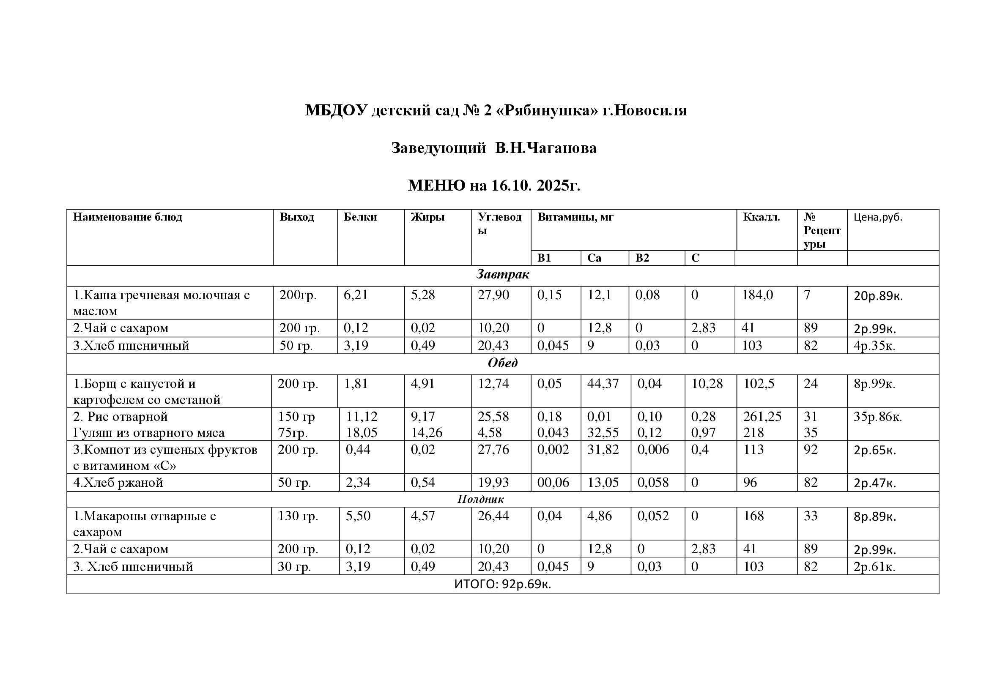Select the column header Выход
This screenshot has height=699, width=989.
pyautogui.click(x=296, y=217)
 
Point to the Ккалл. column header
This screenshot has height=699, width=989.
pyautogui.click(x=761, y=217)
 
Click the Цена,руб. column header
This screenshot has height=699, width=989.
pyautogui.click(x=877, y=217)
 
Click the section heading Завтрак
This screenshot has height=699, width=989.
pyautogui.click(x=502, y=275)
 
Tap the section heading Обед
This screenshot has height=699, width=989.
pyautogui.click(x=502, y=363)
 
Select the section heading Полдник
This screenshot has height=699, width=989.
pyautogui.click(x=480, y=499)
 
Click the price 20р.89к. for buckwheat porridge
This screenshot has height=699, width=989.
pyautogui.click(x=878, y=296)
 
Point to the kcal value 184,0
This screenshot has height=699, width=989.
pyautogui.click(x=757, y=295)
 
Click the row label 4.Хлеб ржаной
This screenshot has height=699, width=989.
pyautogui.click(x=118, y=483)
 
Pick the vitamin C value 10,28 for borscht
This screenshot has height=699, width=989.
pyautogui.click(x=707, y=383)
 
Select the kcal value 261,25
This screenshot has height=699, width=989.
pyautogui.click(x=762, y=417)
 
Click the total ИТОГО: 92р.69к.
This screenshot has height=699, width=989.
pyautogui.click(x=502, y=584)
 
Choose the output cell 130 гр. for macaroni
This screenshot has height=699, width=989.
pyautogui.click(x=298, y=516)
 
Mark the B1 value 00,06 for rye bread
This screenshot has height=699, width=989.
pyautogui.click(x=553, y=483)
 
